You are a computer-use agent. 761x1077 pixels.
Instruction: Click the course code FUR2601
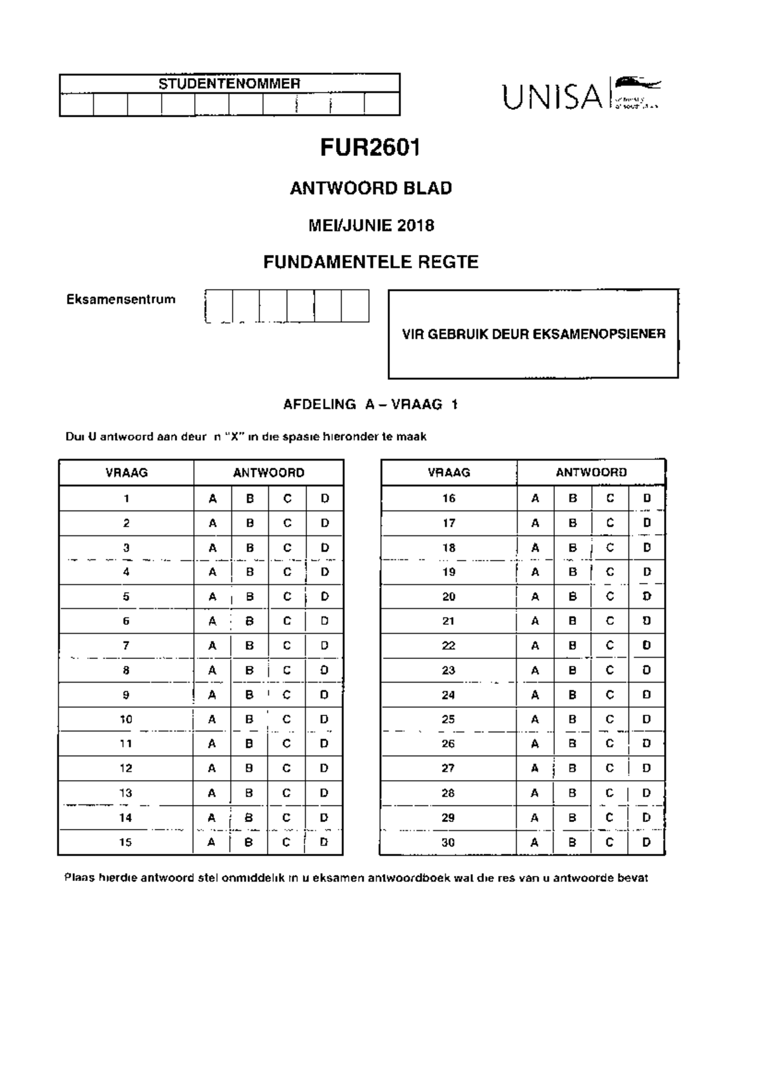coord(370,148)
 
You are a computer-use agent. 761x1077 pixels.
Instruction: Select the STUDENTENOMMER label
coord(229,83)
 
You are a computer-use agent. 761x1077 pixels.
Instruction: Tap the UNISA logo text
coord(552,97)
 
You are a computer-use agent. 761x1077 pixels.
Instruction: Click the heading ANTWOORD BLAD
coord(370,188)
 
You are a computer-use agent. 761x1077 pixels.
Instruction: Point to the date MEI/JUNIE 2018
coord(371,225)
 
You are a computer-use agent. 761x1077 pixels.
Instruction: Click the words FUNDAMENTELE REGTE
coord(370,262)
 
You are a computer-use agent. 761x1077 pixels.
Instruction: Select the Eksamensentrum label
coord(120,299)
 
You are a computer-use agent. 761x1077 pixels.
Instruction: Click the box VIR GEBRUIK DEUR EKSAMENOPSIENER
coord(533,334)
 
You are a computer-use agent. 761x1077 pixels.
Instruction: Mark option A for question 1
coord(212,499)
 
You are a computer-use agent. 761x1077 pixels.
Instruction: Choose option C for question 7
coord(287,646)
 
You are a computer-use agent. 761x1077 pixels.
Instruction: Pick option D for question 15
coord(324,842)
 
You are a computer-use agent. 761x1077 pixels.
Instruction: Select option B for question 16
coord(573,499)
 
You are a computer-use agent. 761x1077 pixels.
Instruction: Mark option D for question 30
coord(647,842)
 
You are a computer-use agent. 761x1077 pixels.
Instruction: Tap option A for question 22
coord(535,646)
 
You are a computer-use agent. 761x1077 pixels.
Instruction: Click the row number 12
coord(126,768)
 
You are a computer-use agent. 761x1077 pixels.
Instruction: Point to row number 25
coord(448,719)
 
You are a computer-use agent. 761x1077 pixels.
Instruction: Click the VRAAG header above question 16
coord(449,473)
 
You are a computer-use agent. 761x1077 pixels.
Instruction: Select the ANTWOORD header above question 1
coord(268,473)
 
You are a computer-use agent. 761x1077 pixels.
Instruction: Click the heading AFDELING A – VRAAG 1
coord(370,405)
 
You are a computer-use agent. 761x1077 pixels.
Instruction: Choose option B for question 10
coord(250,719)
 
